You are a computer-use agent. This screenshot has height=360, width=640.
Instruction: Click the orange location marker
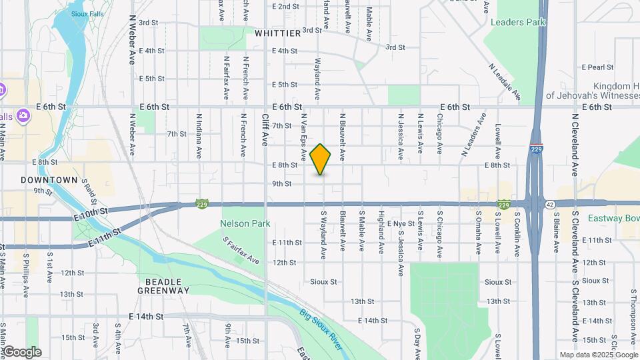pos(321,159)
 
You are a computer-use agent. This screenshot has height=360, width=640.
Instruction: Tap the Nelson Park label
pos(245,223)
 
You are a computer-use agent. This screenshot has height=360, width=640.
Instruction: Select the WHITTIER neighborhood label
pos(277,33)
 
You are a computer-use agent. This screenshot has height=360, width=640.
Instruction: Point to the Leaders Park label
pos(518,22)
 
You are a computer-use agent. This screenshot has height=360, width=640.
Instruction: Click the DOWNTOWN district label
pos(49,180)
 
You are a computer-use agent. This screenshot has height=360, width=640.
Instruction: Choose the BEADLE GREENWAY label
pos(164,286)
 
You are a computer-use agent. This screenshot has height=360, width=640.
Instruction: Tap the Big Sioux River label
pos(320,329)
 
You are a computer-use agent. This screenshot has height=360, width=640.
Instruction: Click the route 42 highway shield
pos(548,204)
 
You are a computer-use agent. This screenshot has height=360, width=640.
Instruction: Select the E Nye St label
pos(401,223)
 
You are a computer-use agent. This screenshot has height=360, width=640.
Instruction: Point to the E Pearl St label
pos(597,67)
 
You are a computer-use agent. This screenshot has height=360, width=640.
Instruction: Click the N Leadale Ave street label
pos(503,82)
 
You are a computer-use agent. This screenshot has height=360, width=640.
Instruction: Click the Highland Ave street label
pos(381,233)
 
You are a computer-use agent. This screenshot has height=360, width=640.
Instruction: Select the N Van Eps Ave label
pos(303,136)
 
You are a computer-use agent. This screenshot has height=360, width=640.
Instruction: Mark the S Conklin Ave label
pos(517,235)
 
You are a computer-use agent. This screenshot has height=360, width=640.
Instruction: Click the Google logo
pos(22,352)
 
